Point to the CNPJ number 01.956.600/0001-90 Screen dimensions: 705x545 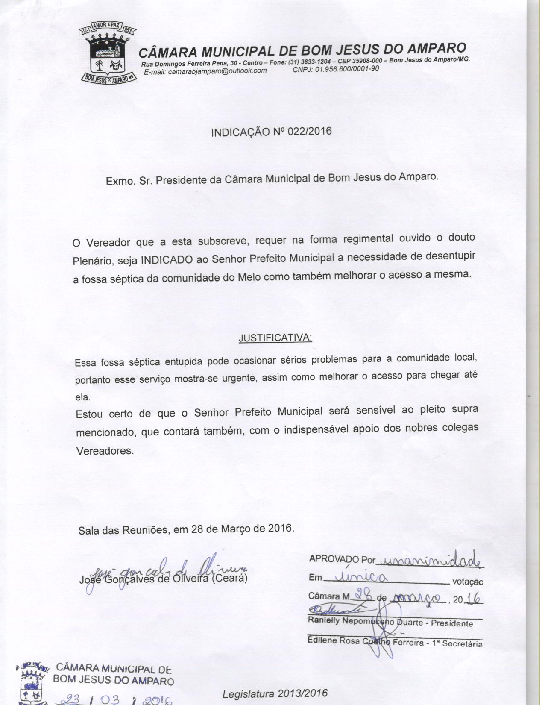point(347,69)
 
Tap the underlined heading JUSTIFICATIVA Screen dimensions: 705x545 point(275,338)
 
